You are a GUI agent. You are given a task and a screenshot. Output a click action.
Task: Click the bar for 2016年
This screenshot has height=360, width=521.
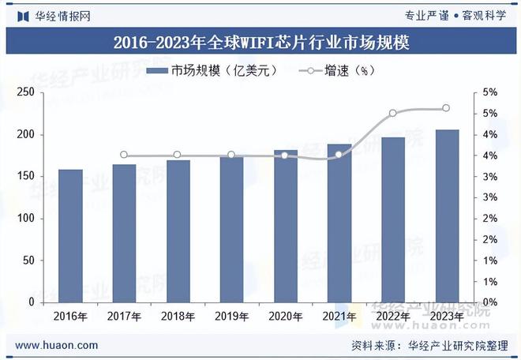click(x=70, y=235)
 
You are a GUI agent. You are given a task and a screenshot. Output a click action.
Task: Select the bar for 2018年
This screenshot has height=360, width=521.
click(x=178, y=231)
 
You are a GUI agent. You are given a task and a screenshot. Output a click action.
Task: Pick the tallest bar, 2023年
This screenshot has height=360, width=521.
click(x=447, y=216)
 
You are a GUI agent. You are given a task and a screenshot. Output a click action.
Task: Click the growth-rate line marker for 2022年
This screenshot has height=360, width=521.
click(x=393, y=113)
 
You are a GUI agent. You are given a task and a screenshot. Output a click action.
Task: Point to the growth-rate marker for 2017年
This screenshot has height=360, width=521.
click(x=124, y=155)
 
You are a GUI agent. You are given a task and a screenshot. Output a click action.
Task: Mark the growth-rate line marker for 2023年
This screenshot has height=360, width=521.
click(x=447, y=108)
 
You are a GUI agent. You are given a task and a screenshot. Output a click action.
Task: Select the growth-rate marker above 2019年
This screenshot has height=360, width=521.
click(x=231, y=155)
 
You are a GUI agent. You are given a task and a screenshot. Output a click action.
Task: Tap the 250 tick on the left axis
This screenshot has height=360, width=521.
click(x=25, y=93)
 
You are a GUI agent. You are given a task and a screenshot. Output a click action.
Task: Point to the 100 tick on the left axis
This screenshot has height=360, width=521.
click(x=25, y=219)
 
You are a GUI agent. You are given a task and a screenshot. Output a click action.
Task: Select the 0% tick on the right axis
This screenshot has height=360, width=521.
click(x=489, y=302)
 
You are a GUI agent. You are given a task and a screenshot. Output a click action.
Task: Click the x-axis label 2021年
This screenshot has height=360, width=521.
click(x=339, y=317)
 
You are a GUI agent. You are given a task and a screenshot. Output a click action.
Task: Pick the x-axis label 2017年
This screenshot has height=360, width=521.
click(x=124, y=317)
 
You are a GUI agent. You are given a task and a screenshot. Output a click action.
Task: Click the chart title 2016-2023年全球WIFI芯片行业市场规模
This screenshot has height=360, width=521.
click(x=260, y=42)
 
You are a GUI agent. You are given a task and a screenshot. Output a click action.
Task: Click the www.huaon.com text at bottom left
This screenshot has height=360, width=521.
click(x=57, y=345)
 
